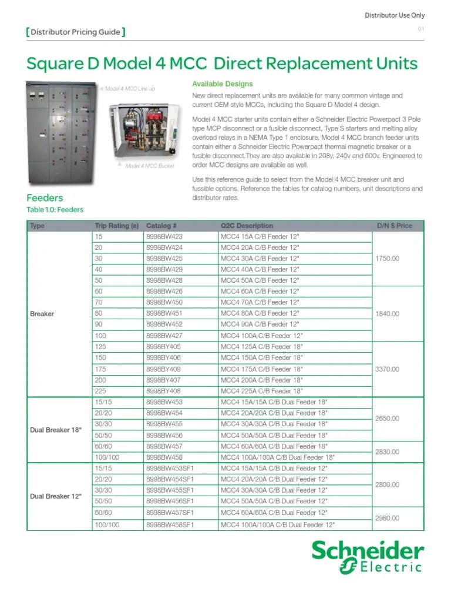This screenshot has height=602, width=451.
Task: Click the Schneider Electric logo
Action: (367, 557)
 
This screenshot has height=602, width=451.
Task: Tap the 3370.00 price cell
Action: (386, 369)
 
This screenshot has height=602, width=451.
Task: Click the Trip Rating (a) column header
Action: (116, 225)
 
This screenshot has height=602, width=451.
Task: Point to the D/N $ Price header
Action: (394, 225)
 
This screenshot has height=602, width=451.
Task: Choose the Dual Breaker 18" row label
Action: (56, 430)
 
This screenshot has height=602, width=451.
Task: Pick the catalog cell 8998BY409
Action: (164, 369)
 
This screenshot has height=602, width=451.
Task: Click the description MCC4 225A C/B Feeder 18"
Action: (262, 391)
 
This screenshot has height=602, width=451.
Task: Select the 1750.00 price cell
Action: (386, 258)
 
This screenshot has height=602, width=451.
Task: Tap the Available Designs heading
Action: (223, 84)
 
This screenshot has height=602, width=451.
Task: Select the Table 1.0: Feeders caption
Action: (55, 210)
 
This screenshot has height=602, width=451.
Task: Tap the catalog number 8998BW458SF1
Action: (170, 524)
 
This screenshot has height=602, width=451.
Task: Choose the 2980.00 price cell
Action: (386, 519)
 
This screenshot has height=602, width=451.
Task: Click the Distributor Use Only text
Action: (395, 15)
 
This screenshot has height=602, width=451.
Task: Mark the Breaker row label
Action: (42, 314)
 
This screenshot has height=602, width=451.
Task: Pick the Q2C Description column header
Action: (247, 225)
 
